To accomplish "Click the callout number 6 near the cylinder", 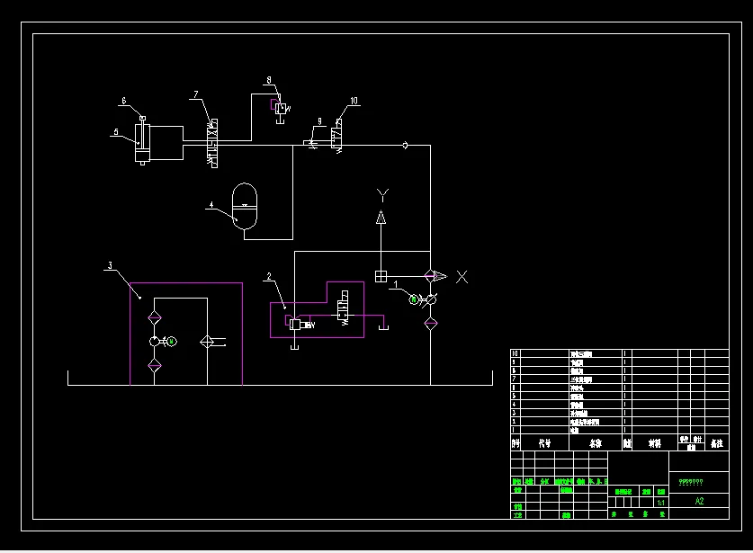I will (123, 101).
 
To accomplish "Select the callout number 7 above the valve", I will (194, 94).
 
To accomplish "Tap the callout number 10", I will (354, 101).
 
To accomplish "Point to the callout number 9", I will (318, 121).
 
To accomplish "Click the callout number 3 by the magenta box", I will (110, 265).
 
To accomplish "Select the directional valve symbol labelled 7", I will (213, 142).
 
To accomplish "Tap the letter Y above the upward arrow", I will (381, 193).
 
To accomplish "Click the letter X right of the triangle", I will (462, 276).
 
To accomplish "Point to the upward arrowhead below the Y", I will (381, 217).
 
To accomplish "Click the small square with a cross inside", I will (381, 276).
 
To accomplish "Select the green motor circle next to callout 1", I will (414, 299).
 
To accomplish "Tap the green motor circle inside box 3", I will (172, 341).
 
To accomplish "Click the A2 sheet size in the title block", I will (699, 502).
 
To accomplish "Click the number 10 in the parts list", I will (515, 354).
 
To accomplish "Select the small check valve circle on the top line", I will (405, 144).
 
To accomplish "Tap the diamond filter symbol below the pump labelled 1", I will (430, 322).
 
